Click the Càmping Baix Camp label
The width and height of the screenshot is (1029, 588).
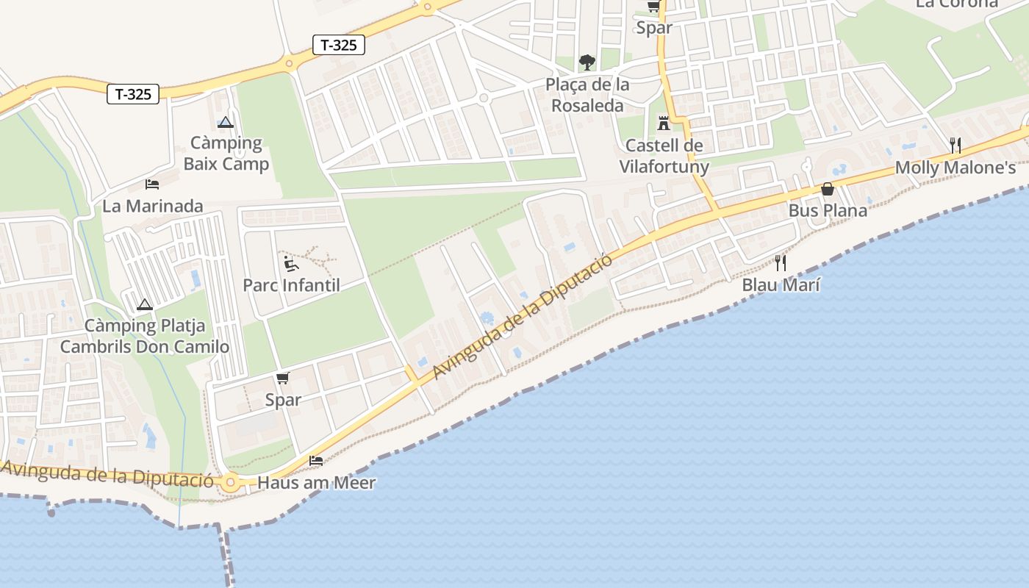pos(226,153)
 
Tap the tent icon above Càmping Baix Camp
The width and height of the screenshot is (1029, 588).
pos(225,122)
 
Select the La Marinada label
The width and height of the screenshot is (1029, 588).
pos(152,206)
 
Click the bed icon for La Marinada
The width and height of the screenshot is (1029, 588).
pos(152,184)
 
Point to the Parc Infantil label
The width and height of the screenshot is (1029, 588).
pos(292,284)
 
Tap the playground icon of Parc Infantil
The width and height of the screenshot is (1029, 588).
pos(291,262)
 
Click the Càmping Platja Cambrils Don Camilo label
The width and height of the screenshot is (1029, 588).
pos(145,336)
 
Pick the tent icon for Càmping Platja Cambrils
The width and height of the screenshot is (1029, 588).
pos(144,304)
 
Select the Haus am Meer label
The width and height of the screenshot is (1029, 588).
pos(317,483)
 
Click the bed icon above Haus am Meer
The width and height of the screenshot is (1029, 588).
pos(316,461)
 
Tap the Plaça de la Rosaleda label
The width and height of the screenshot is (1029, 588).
pos(587,95)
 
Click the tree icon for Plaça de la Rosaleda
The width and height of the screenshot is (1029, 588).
pos(587,62)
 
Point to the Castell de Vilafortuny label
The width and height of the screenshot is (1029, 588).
pos(664,156)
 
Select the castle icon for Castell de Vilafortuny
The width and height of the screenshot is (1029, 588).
pos(664,122)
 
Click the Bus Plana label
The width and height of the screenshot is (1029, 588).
pos(828,210)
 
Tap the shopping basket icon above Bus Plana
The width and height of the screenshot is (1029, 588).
pos(828,189)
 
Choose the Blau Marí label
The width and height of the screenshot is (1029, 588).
pos(781,284)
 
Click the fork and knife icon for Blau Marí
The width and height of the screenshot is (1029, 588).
pos(781,262)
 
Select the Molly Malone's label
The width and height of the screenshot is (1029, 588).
pos(955,168)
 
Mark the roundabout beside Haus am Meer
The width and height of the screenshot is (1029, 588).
pos(231,483)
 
